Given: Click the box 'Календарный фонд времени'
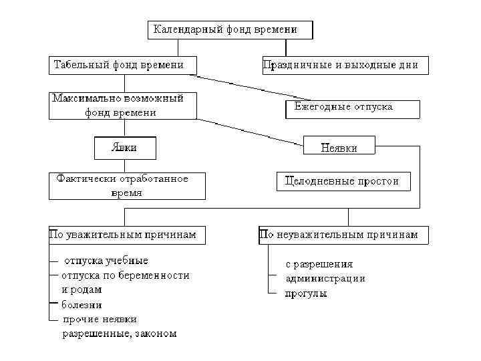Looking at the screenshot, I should pyautogui.click(x=230, y=30).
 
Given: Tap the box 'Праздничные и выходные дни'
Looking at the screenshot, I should pyautogui.click(x=345, y=66).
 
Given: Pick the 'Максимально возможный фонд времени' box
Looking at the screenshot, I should pyautogui.click(x=124, y=106).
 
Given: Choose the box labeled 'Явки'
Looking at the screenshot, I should pyautogui.click(x=124, y=147).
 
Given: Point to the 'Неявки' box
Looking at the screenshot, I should pyautogui.click(x=339, y=147).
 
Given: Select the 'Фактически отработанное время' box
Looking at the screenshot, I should pyautogui.click(x=127, y=186).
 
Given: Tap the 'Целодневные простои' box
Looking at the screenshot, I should pyautogui.click(x=342, y=181).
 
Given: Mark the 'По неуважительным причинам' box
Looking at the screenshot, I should pyautogui.click(x=343, y=235).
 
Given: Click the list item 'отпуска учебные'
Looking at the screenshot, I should pyautogui.click(x=105, y=261).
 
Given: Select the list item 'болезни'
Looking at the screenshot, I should pyautogui.click(x=82, y=305).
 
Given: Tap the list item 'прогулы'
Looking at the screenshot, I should pyautogui.click(x=306, y=293).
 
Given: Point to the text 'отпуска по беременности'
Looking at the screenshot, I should pyautogui.click(x=125, y=275).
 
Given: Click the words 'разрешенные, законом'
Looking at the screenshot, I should pyautogui.click(x=120, y=334).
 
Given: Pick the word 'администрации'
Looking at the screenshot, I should pyautogui.click(x=325, y=279).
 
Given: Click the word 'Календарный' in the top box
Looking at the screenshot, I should pyautogui.click(x=186, y=29).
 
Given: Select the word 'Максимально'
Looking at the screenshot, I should pyautogui.click(x=84, y=98).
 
